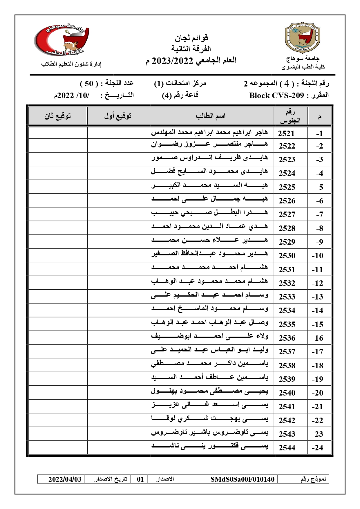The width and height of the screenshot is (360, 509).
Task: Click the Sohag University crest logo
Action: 302,37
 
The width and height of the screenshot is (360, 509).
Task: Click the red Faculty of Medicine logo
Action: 62,40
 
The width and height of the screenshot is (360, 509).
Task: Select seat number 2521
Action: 286,133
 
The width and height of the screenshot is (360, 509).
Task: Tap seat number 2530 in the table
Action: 287,256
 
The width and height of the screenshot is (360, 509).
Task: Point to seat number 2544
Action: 287,448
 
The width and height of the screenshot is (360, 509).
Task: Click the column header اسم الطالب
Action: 210,116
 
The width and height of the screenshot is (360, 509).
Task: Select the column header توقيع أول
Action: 118,116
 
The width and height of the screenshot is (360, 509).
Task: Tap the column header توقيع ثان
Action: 57,116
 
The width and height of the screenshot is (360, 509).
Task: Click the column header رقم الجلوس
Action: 290,116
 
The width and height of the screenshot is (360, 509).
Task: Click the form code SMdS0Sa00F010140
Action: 242,479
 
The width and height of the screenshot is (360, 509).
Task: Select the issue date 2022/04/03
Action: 65,479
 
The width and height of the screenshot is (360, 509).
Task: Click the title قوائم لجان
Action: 191,38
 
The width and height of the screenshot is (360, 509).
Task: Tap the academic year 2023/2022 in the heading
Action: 173,61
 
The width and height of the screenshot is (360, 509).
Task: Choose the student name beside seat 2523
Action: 209,158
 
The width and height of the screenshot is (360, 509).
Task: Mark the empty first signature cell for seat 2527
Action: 117,214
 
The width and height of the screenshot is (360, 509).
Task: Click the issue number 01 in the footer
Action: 140,479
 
